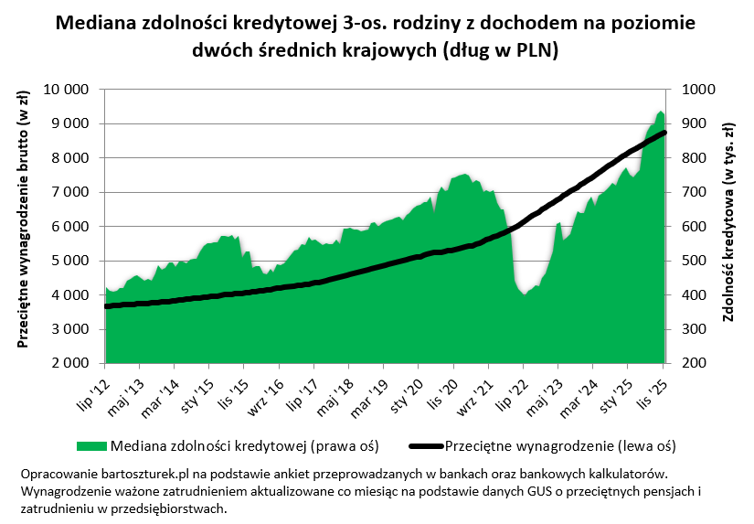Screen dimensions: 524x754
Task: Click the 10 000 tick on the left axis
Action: [70, 90]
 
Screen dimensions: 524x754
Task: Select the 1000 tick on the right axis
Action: [690, 90]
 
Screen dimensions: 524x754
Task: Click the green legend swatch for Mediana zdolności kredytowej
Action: [91, 446]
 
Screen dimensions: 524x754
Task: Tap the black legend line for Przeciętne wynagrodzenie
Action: [426, 446]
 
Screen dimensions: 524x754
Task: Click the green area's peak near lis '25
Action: [660, 112]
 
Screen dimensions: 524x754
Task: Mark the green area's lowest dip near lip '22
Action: [524, 294]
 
